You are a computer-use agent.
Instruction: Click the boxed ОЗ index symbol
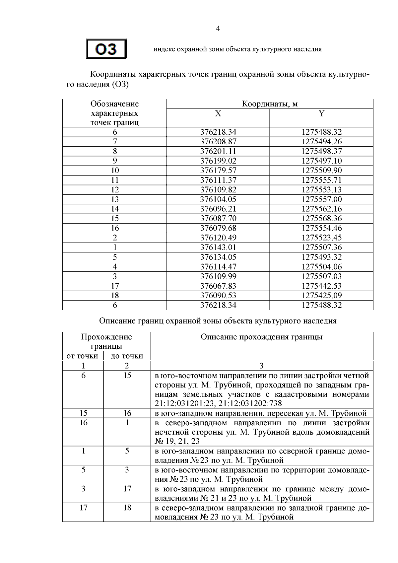tap(106, 49)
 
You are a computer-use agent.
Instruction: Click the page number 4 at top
tap(218, 29)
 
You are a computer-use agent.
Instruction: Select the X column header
tap(218, 114)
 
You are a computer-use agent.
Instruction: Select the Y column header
tap(321, 114)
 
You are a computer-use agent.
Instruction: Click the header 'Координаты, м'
tap(269, 104)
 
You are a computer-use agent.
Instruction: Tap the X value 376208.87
tap(218, 142)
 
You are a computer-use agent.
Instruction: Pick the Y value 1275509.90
tap(321, 171)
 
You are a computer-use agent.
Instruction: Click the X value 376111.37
tap(218, 180)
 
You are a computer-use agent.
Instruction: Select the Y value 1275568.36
tap(321, 219)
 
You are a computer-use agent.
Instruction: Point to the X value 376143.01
tap(218, 247)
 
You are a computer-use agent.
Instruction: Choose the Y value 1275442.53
tap(321, 286)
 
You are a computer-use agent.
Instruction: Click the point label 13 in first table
tap(114, 199)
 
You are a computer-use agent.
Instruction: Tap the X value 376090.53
tap(218, 296)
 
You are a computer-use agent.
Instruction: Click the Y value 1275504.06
tap(321, 267)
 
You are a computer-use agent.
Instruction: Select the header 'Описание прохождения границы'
tap(261, 337)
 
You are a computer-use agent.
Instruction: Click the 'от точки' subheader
tap(82, 356)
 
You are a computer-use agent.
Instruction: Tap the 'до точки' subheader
tap(127, 356)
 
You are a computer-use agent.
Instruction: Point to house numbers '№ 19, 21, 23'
tap(177, 441)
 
